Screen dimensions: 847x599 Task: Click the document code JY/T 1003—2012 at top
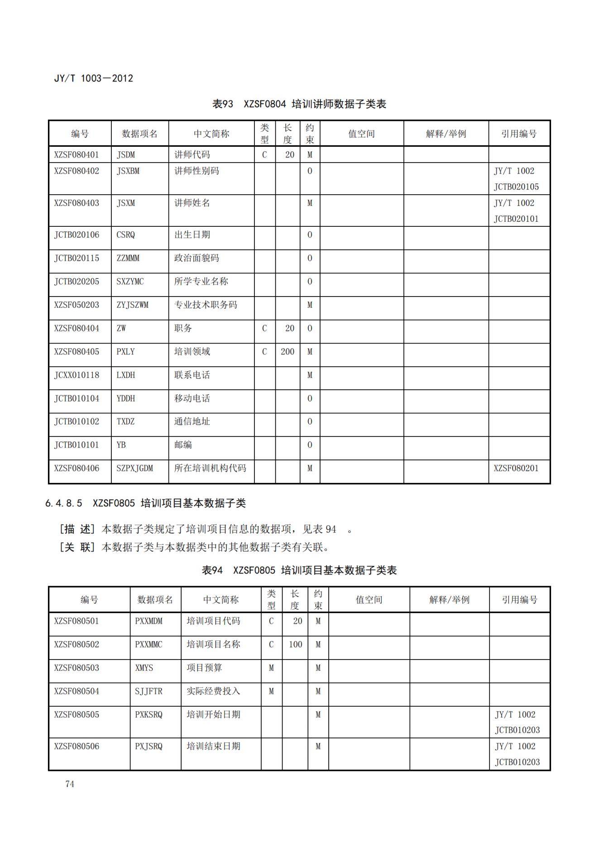pyautogui.click(x=93, y=78)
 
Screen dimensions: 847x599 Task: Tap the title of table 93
pyautogui.click(x=299, y=104)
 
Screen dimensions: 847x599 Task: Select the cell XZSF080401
pyautogui.click(x=77, y=155)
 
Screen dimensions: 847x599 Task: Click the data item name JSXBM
pyautogui.click(x=128, y=171)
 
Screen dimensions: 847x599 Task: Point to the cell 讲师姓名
pyautogui.click(x=192, y=203)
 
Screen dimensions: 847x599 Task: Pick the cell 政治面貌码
pyautogui.click(x=196, y=258)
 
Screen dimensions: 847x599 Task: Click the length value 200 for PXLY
pyautogui.click(x=288, y=352)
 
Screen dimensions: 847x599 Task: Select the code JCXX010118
pyautogui.click(x=77, y=375)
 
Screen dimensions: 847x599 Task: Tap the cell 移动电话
pyautogui.click(x=192, y=398)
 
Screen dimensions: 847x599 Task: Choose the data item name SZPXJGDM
pyautogui.click(x=134, y=469)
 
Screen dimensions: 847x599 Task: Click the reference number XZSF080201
pyautogui.click(x=516, y=469)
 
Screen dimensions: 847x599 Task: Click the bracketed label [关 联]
pyautogui.click(x=77, y=547)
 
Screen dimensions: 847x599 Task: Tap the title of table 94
pyautogui.click(x=299, y=570)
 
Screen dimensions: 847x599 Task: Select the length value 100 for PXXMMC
pyautogui.click(x=295, y=645)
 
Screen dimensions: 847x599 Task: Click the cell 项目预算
pyautogui.click(x=204, y=668)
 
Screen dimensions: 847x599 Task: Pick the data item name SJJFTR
pyautogui.click(x=149, y=692)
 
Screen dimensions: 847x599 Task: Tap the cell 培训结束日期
pyautogui.click(x=213, y=747)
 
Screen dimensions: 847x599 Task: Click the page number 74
pyautogui.click(x=70, y=784)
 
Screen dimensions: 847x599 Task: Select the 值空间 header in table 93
pyautogui.click(x=361, y=134)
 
